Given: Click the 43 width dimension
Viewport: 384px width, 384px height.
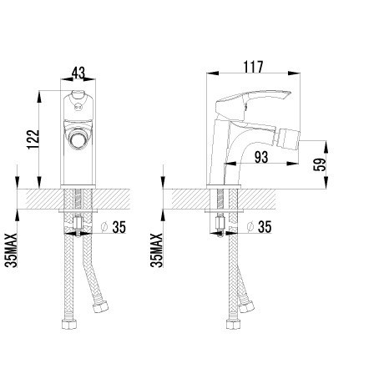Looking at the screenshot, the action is pos(78,73).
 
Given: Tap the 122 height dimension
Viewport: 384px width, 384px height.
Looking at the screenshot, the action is pos(33,139).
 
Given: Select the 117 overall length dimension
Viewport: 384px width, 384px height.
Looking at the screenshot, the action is pos(253,67).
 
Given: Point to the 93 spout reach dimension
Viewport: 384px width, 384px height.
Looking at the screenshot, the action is pos(261,157).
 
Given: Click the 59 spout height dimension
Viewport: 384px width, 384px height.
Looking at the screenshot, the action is pos(320,164).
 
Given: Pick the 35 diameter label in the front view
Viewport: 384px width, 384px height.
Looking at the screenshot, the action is pos(119,227).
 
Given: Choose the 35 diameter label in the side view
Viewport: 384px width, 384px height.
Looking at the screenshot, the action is pos(265,227).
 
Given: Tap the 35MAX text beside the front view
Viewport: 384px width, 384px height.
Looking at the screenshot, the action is pos(11,250).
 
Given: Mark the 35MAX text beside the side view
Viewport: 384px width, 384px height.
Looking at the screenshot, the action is pos(156,250).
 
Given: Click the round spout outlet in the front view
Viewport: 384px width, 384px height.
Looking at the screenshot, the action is pos(78,139).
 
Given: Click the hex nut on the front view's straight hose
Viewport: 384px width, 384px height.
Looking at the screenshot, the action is pos(69,325).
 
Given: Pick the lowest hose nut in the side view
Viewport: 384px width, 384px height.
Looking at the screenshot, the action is pos(234,325).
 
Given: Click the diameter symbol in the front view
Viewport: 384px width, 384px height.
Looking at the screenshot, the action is pos(104,227).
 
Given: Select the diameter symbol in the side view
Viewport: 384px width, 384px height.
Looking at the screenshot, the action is pos(250,227).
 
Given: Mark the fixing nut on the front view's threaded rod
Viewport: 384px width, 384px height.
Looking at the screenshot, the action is pos(78,223).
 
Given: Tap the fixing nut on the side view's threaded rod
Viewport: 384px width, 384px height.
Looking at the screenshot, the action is pos(220,223).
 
